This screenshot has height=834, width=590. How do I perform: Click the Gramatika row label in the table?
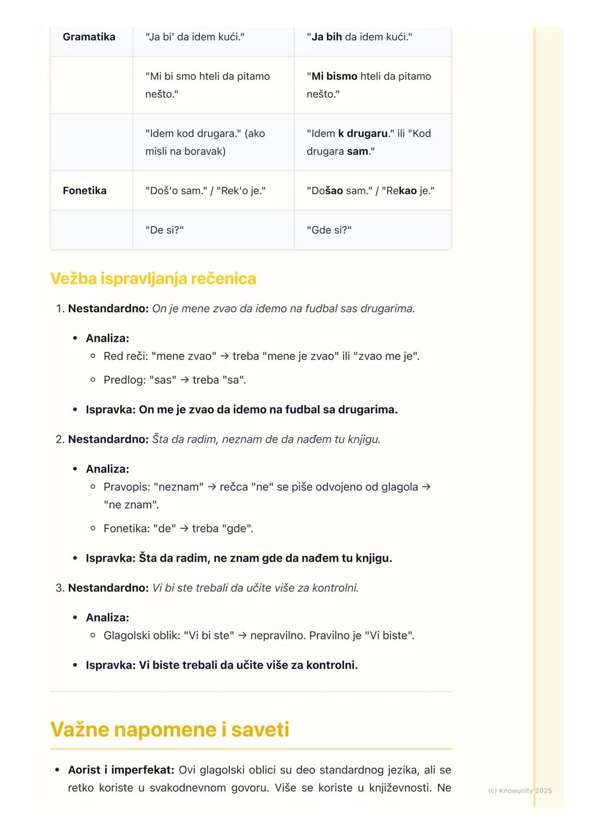coord(89,37)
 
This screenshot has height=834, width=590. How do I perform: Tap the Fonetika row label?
coord(85,190)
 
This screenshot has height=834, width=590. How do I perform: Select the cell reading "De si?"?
coord(164,230)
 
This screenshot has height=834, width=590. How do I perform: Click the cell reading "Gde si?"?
coord(329,230)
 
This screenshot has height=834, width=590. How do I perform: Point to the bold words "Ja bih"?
coord(327,37)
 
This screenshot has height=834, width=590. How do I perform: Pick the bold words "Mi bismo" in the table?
coord(334,76)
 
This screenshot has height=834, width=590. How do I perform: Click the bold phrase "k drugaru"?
coord(363,133)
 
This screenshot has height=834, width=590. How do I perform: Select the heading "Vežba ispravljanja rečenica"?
coord(153,278)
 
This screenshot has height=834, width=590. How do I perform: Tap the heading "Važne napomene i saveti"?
coord(169,730)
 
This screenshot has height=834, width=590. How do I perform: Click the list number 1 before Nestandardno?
coord(60,309)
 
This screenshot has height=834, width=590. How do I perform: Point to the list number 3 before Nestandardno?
coord(60,588)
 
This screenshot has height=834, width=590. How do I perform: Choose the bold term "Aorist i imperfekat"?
coord(121,770)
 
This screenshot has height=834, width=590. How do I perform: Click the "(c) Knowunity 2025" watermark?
coord(520,791)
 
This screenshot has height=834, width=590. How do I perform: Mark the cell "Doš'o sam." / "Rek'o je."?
coord(205,190)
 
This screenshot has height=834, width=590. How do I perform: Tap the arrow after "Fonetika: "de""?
coord(184,528)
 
